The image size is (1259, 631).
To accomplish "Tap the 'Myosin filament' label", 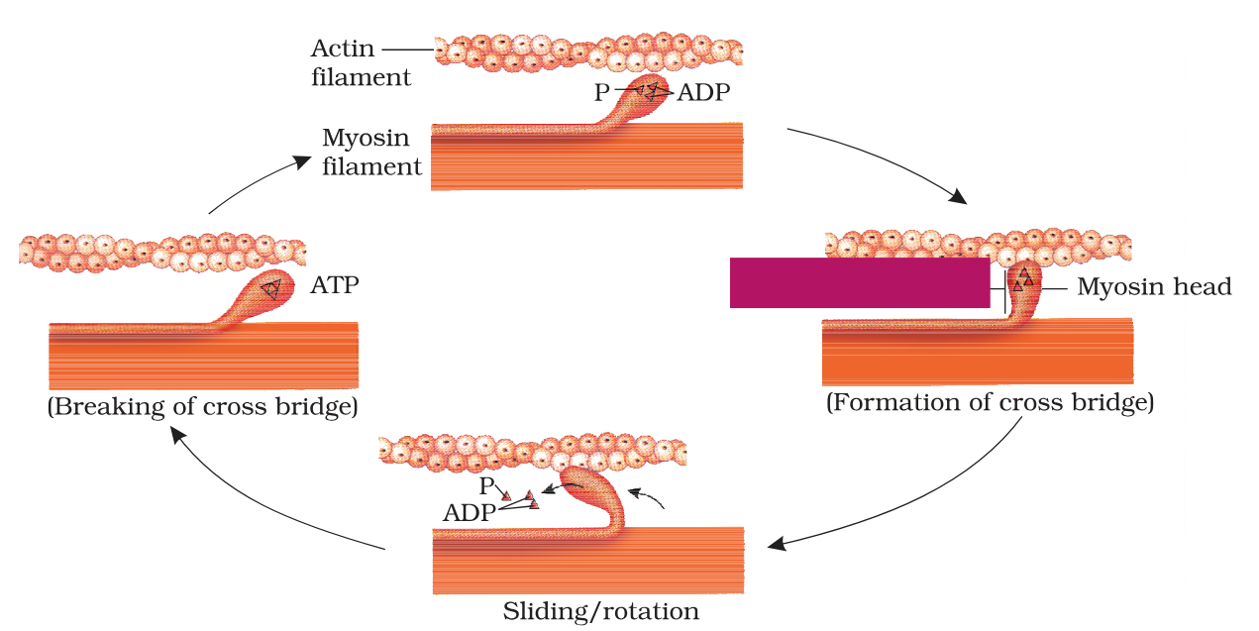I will click(x=371, y=153).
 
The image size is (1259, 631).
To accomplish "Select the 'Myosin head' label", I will click(x=1154, y=287).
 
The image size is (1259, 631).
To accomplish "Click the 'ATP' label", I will click(x=335, y=286).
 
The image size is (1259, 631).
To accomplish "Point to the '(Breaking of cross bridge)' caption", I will click(x=202, y=407).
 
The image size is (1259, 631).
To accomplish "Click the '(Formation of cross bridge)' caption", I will click(x=990, y=403).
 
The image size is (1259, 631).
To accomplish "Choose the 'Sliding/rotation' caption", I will click(x=600, y=611).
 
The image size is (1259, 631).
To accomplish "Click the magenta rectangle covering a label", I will click(x=860, y=282).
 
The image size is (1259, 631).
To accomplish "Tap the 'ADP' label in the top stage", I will click(x=703, y=94).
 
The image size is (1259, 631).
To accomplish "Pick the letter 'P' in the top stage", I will click(x=601, y=91).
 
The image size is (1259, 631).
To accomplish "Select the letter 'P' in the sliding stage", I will click(x=486, y=486).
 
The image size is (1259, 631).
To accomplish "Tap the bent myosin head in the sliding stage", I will click(x=597, y=489).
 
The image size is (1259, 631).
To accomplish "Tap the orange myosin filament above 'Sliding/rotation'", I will click(x=588, y=560).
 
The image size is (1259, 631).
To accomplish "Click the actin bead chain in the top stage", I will click(x=588, y=53).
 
